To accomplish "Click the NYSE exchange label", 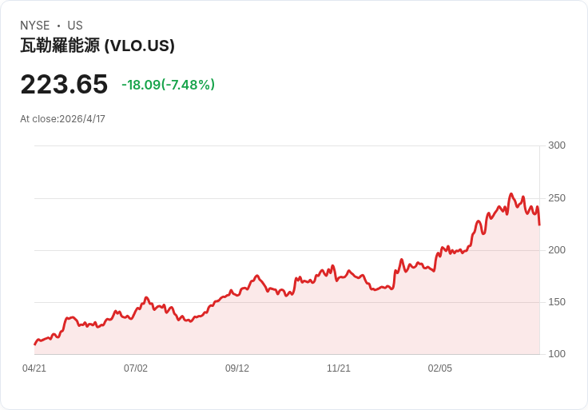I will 34,26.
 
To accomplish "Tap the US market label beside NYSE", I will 75,26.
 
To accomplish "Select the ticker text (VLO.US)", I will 140,46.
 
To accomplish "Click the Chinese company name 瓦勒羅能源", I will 60,46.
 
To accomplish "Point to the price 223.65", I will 64,84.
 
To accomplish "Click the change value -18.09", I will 141,85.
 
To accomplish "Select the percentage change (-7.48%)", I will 189,85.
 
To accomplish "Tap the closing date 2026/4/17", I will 82,119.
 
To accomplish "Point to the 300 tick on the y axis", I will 557,145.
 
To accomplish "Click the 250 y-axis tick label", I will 557,197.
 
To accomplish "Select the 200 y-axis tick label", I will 557,250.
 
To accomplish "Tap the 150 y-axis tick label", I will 557,302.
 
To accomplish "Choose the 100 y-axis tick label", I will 557,354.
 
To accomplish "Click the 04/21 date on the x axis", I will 34,368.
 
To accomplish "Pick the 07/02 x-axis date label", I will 136,368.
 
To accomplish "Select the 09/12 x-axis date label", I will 237,368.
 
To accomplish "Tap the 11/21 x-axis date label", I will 339,368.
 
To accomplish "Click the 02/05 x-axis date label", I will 440,368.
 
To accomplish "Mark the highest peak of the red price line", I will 511,194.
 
